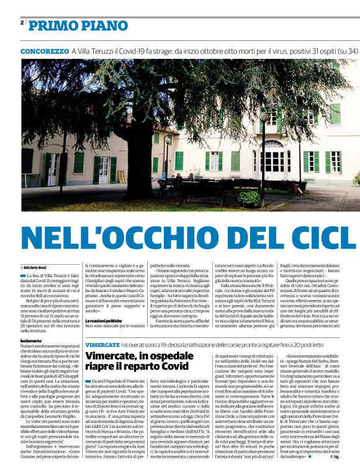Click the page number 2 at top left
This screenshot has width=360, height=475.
(22, 23)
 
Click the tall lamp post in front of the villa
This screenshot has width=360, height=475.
(263, 155)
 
